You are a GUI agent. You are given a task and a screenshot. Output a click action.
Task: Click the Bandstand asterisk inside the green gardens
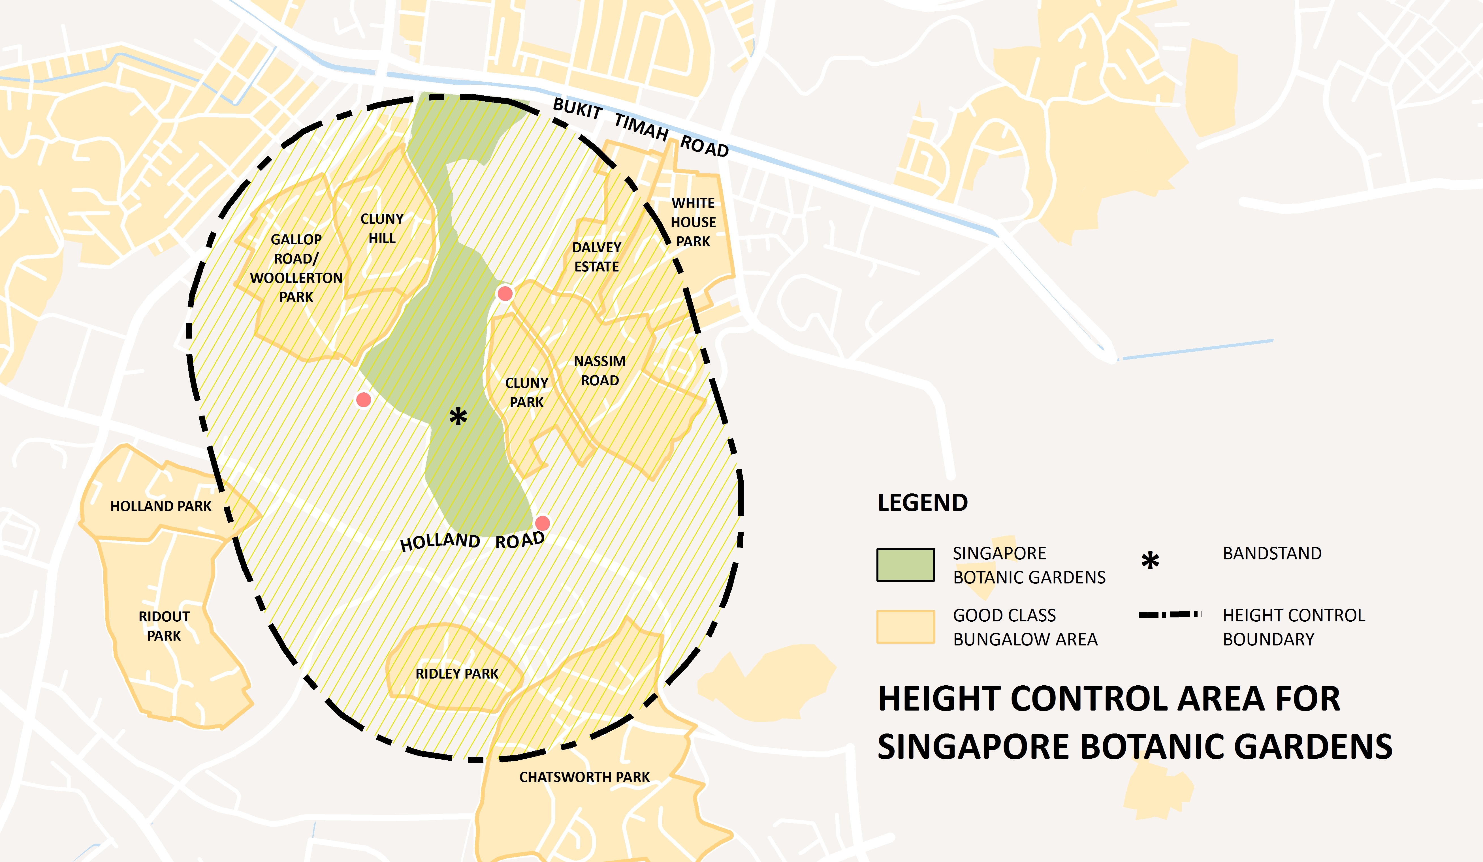(x=458, y=417)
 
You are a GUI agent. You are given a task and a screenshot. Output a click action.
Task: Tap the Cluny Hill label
(x=382, y=228)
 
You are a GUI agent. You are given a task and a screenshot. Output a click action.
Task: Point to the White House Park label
(x=693, y=222)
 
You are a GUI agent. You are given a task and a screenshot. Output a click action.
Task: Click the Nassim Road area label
(x=600, y=371)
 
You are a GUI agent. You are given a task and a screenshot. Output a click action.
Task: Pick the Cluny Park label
(x=527, y=392)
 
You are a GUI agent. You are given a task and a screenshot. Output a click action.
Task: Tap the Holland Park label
(x=161, y=506)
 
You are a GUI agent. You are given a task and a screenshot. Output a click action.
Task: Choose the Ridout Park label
(x=164, y=626)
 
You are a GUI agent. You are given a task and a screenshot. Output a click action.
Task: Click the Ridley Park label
(x=457, y=674)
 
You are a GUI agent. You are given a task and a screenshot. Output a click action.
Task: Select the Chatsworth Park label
(x=584, y=777)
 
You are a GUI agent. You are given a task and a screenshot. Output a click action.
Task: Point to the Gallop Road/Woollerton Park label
(x=296, y=268)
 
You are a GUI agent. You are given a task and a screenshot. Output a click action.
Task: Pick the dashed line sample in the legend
(x=1170, y=615)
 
